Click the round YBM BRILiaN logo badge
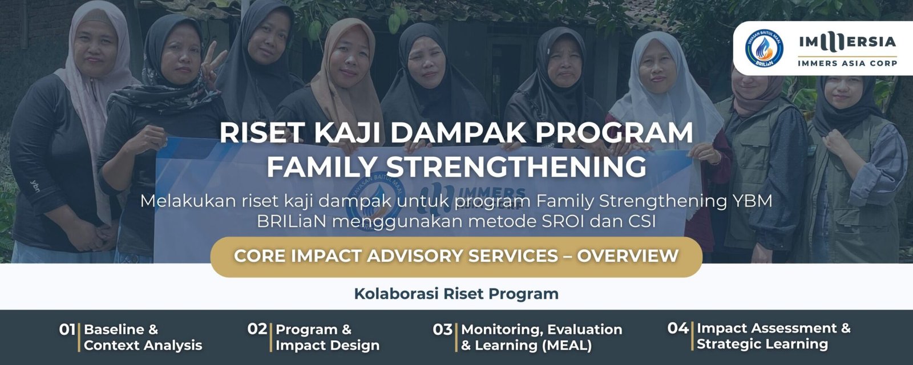pyautogui.click(x=765, y=48)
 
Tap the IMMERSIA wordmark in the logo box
pyautogui.click(x=847, y=42)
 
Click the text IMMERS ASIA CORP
pyautogui.click(x=847, y=63)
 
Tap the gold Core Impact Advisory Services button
pyautogui.click(x=456, y=256)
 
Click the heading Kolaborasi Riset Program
pyautogui.click(x=456, y=294)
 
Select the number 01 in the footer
pyautogui.click(x=67, y=330)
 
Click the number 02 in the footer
pyautogui.click(x=257, y=329)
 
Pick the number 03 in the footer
pyautogui.click(x=442, y=330)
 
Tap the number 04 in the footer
pyautogui.click(x=678, y=328)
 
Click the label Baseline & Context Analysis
pyautogui.click(x=143, y=337)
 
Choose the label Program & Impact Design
pyautogui.click(x=328, y=337)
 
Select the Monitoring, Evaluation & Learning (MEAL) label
pyautogui.click(x=541, y=337)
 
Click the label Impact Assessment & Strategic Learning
pyautogui.click(x=773, y=336)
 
